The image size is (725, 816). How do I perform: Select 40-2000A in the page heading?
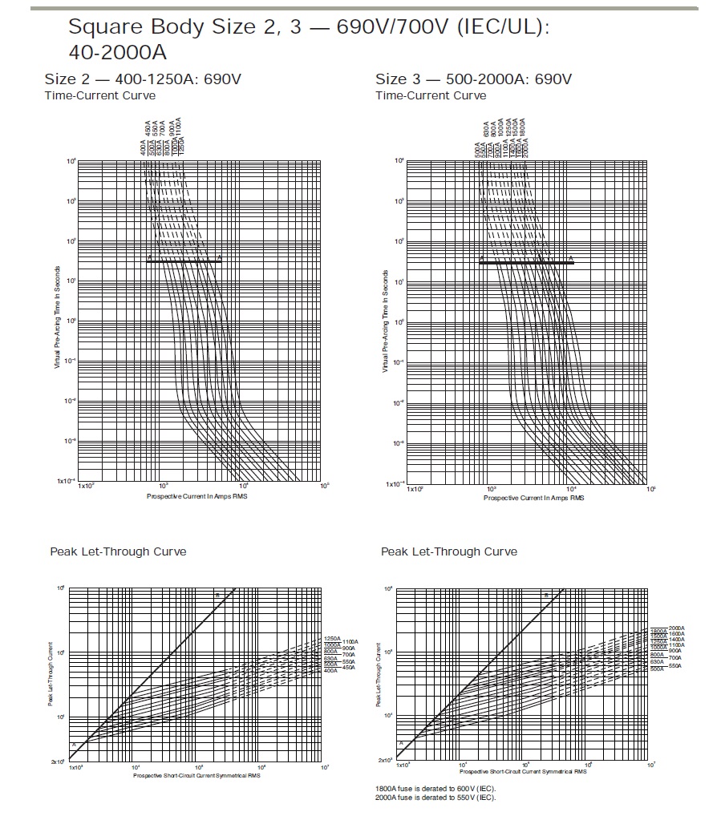119,53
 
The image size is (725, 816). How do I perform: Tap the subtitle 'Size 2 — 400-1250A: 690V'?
143,79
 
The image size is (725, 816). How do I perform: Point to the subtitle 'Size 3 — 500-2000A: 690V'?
473,79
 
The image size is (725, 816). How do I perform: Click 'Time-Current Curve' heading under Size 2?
100,95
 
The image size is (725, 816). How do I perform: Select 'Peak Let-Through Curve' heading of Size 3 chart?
449,551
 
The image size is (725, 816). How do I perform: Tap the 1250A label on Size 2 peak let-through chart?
332,639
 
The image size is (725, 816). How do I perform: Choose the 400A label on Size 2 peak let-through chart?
330,670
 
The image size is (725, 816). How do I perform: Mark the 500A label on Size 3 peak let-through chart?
656,668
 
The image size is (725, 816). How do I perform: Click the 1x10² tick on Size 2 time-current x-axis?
85,487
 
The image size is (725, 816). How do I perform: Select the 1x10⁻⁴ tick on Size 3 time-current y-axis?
395,483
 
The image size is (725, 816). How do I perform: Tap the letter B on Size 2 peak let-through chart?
216,594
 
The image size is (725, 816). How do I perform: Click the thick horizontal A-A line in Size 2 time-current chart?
184,261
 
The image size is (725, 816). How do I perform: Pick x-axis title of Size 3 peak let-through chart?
523,773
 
